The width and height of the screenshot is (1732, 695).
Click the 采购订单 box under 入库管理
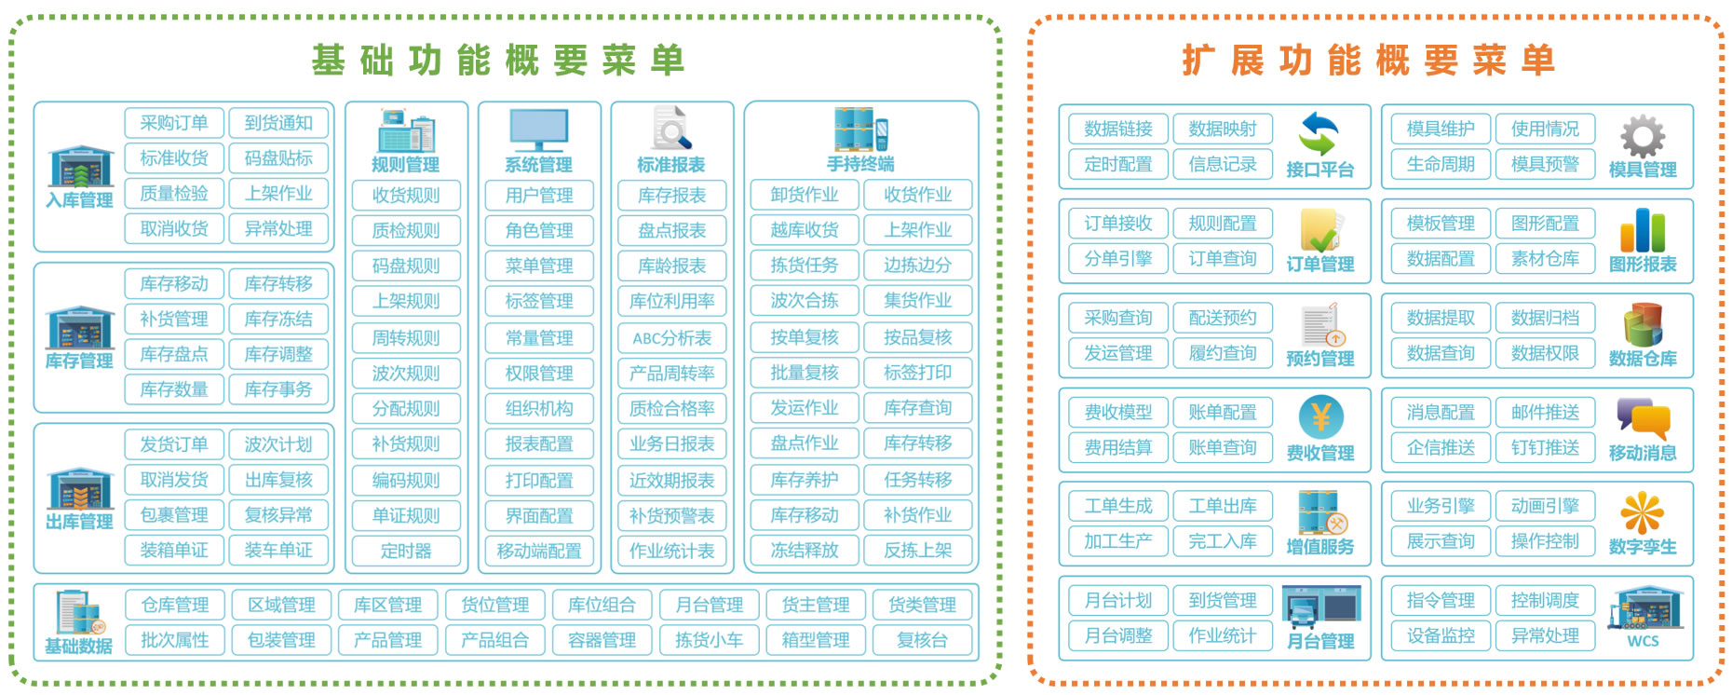pyautogui.click(x=174, y=123)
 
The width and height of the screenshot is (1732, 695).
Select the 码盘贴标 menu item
pyautogui.click(x=278, y=158)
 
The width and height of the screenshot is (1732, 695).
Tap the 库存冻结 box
pyautogui.click(x=278, y=320)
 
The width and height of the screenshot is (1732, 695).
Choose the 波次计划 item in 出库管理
pyautogui.click(x=278, y=444)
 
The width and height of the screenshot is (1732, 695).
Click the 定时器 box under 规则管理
pyautogui.click(x=406, y=551)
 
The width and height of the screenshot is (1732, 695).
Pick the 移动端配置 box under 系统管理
pyautogui.click(x=539, y=551)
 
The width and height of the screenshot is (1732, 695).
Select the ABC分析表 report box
pyautogui.click(x=671, y=338)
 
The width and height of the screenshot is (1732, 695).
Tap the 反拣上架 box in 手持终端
pyautogui.click(x=918, y=551)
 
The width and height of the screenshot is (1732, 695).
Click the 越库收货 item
pyautogui.click(x=805, y=230)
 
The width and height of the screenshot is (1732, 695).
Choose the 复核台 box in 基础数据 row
pyautogui.click(x=922, y=640)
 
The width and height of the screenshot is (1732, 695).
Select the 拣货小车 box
pyautogui.click(x=709, y=640)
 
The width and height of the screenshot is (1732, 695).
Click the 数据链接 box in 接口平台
pyautogui.click(x=1118, y=129)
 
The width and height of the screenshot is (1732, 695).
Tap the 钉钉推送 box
pyautogui.click(x=1545, y=447)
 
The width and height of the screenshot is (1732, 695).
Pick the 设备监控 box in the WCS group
pyautogui.click(x=1441, y=635)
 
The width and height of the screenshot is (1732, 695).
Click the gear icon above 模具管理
pyautogui.click(x=1643, y=136)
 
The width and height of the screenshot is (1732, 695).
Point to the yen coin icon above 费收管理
pyautogui.click(x=1320, y=418)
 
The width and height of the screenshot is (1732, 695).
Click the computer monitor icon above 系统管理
pyautogui.click(x=539, y=129)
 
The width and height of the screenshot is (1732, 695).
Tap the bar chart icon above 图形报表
pyautogui.click(x=1643, y=230)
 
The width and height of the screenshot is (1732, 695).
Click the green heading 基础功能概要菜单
pyautogui.click(x=499, y=61)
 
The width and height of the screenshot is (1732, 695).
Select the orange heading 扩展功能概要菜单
pyautogui.click(x=1370, y=61)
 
